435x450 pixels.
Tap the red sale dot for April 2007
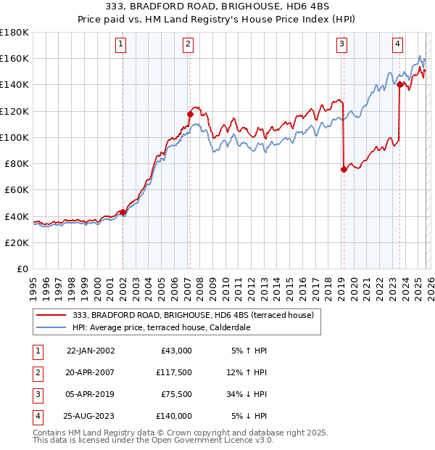pyautogui.click(x=190, y=114)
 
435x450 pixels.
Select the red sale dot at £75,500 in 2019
pyautogui.click(x=344, y=169)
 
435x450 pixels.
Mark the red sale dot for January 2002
pyautogui.click(x=123, y=212)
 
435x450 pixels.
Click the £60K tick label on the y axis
pyautogui.click(x=14, y=189)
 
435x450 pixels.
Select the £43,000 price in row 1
pyautogui.click(x=176, y=350)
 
